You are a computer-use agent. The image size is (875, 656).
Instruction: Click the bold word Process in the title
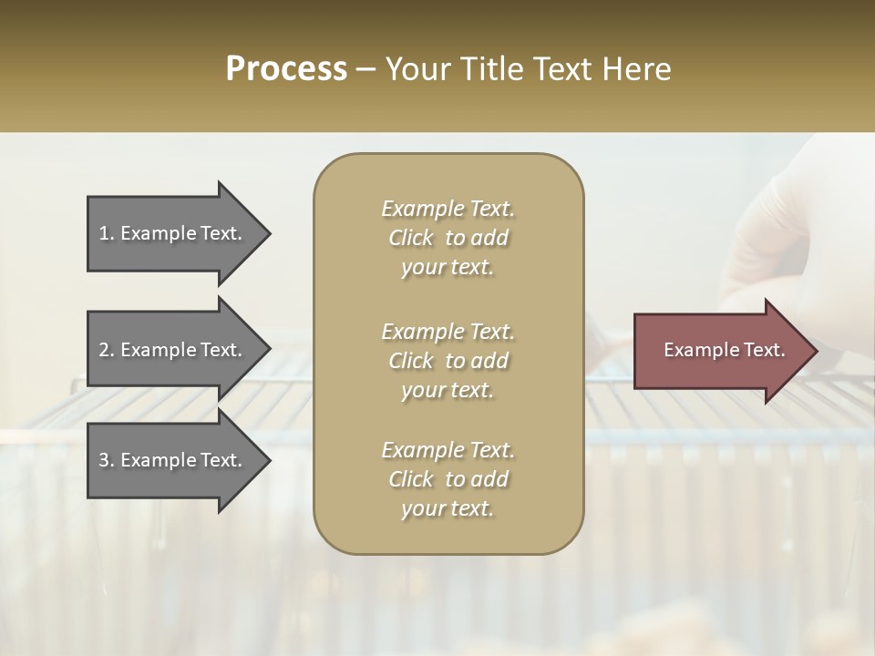[x=286, y=69]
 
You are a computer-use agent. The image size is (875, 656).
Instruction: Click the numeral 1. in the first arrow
[x=107, y=233]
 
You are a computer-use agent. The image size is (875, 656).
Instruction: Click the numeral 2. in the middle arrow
[x=107, y=350]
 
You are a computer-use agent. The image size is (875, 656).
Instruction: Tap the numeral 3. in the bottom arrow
[x=107, y=460]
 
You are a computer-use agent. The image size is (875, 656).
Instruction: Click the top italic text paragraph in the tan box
[x=448, y=238]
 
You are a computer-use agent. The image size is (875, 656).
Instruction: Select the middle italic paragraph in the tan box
[x=448, y=361]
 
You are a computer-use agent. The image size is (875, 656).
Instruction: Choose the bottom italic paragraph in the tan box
[x=448, y=479]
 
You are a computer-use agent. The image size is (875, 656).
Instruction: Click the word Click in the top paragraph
[x=411, y=238]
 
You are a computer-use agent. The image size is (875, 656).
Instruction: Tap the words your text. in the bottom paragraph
[x=448, y=508]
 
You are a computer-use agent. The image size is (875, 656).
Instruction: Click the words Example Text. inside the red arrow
[x=724, y=350]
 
